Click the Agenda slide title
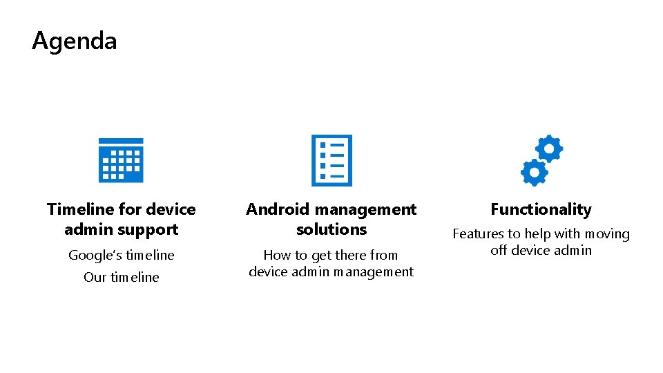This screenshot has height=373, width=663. tap(75, 41)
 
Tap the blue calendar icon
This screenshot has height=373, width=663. tap(121, 160)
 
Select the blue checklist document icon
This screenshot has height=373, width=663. tap(331, 160)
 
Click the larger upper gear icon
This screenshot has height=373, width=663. tap(549, 149)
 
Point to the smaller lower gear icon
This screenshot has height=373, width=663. tap(534, 172)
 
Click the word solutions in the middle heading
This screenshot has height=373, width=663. tap(331, 229)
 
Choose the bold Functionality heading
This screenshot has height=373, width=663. tap(541, 209)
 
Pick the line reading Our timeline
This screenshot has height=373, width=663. tap(121, 277)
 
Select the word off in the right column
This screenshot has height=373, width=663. tap(499, 250)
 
